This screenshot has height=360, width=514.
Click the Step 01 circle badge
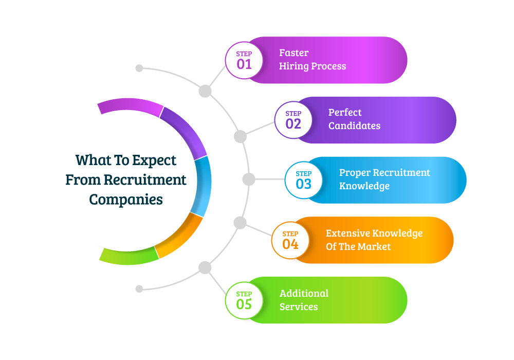(244, 60)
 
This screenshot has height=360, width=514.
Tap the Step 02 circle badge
(293, 120)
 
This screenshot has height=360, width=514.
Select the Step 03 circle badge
(304, 180)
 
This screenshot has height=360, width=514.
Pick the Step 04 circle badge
(290, 240)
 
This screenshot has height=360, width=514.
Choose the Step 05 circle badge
(244, 300)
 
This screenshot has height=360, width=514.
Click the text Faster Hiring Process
(313, 60)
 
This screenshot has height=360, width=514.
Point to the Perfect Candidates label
(354, 119)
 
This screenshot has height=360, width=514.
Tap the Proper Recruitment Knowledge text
(384, 179)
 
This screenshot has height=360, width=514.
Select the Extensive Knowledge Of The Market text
(374, 240)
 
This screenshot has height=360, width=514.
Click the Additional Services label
(304, 300)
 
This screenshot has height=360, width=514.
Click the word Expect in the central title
(154, 160)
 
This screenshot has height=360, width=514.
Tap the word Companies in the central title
(126, 199)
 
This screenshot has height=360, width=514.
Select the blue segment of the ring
(202, 185)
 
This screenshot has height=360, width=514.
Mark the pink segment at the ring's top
(130, 106)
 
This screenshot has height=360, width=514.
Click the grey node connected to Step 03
(249, 179)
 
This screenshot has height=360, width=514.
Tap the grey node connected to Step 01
(205, 91)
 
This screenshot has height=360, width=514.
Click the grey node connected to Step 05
(205, 267)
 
